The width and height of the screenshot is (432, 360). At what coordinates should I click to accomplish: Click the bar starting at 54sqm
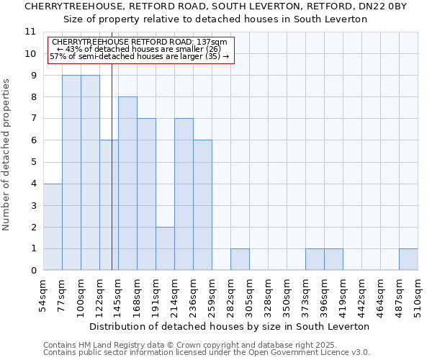pos(53,227)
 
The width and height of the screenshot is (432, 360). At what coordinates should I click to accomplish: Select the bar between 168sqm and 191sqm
pos(146,194)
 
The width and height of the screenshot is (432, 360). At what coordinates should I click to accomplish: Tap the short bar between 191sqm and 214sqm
pos(165,248)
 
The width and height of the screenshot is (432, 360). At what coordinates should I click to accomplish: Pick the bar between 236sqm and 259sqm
pos(202,205)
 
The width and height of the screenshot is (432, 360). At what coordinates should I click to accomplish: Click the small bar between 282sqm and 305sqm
pos(240,259)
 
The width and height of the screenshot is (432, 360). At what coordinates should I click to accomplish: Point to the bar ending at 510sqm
pos(408,259)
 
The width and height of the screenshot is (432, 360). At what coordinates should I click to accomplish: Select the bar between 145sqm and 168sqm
pos(127,184)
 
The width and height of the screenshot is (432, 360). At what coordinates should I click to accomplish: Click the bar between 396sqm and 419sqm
pos(333,259)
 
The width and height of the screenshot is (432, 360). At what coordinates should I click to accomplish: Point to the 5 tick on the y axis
pos(33,162)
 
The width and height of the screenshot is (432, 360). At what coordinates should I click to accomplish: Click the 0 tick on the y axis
pos(33,271)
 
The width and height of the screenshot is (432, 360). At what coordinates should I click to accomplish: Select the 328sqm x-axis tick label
pos(268,294)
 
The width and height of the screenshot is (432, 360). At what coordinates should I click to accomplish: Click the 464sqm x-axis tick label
pos(380,294)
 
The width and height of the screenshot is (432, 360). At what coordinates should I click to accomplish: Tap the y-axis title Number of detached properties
pos(7,155)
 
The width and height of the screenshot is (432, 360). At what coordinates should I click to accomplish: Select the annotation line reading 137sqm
pos(140,42)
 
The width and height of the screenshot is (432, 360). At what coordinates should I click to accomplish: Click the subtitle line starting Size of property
pos(215,19)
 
